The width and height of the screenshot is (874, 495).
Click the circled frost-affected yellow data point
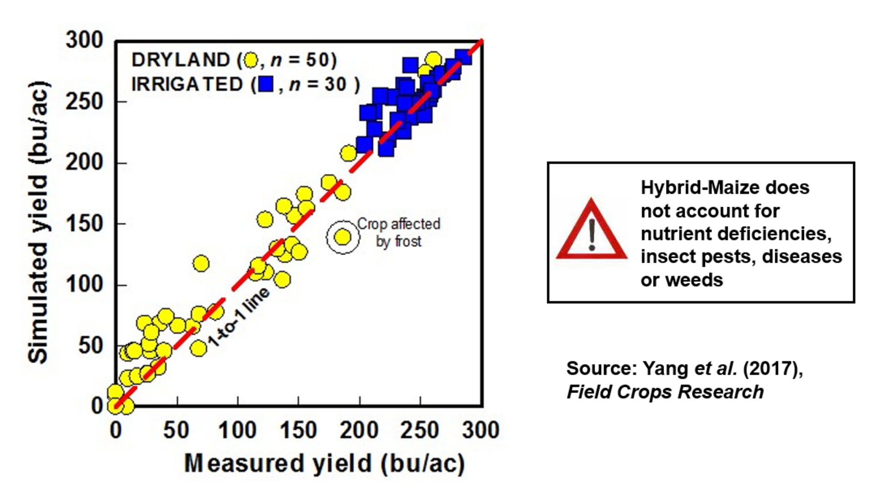coord(343,237)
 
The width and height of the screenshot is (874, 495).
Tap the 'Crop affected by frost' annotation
coord(398,232)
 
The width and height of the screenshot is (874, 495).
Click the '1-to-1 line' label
coord(239,317)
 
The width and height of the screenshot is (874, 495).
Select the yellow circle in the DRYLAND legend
coord(251,60)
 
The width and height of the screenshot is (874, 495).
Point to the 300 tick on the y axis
coord(85,41)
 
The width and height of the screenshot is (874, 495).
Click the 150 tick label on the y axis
coord(85,224)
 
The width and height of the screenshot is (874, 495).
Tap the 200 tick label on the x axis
coord(359,430)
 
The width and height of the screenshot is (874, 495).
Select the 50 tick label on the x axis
coord(176,430)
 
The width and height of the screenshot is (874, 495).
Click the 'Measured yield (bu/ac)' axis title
coord(324,464)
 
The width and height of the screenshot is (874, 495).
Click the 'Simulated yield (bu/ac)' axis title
coord(38,222)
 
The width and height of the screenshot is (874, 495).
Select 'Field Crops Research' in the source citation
coord(665,392)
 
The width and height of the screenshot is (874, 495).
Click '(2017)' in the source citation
coord(772,368)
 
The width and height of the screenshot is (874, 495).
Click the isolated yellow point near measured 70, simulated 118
coord(201,263)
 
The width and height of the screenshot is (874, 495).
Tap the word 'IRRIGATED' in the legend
coord(187,85)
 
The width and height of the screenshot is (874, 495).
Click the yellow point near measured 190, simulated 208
coord(348,153)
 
